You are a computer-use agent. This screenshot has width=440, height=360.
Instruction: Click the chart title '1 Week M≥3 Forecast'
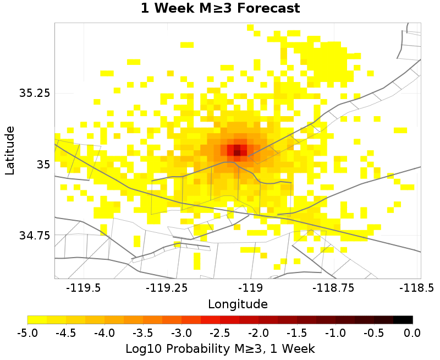click(x=220, y=9)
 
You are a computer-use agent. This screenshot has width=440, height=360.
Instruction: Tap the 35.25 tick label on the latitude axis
click(x=35, y=93)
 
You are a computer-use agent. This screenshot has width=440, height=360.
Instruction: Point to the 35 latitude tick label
click(x=42, y=164)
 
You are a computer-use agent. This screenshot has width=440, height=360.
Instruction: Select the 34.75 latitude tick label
click(x=35, y=235)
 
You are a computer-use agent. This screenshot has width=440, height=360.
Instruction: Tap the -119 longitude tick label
click(x=251, y=287)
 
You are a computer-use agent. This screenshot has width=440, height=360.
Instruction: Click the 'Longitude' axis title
click(x=238, y=304)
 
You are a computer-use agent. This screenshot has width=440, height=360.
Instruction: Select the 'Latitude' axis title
click(x=10, y=150)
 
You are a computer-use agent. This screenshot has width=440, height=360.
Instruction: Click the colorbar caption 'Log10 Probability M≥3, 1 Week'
click(x=220, y=348)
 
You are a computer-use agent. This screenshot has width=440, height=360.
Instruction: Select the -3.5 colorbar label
click(x=143, y=332)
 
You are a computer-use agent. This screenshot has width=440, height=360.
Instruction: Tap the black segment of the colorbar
click(x=403, y=319)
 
